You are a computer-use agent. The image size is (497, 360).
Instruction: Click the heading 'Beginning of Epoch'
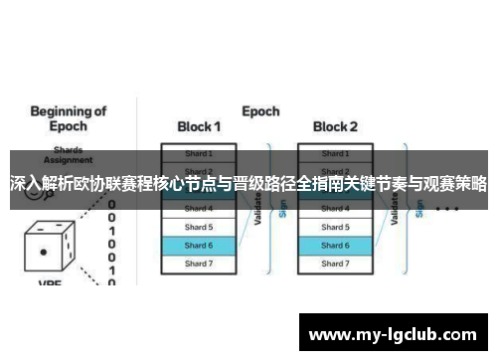62,118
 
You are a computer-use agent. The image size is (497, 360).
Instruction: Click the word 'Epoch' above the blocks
260,110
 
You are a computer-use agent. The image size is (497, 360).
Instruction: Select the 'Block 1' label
199,128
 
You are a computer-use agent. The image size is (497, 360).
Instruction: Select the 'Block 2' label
335,128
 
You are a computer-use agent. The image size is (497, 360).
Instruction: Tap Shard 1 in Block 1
199,153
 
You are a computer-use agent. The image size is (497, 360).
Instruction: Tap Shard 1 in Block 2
335,153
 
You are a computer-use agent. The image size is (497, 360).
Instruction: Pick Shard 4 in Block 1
199,209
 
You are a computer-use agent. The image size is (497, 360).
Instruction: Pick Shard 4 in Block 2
335,209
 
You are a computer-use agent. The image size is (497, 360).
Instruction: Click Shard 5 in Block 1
199,227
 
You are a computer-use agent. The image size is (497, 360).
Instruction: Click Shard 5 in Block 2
335,227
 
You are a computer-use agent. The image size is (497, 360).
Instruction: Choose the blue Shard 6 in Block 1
199,245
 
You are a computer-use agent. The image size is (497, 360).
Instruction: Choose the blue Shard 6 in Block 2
335,245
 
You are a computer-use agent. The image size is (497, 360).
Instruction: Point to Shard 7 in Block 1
199,264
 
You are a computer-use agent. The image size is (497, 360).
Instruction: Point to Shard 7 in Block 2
335,264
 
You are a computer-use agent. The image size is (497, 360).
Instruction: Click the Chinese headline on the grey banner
248,184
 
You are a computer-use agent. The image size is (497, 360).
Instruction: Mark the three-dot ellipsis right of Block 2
446,210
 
